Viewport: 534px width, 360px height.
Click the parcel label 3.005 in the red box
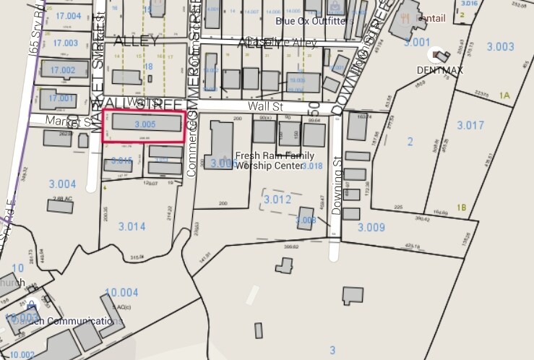point(145,124)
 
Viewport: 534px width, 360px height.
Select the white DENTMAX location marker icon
point(439,54)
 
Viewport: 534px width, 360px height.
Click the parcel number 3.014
point(132,226)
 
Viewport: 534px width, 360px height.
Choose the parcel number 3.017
point(470,125)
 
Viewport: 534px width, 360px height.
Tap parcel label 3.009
point(371,228)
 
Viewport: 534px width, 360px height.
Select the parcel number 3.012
point(277,198)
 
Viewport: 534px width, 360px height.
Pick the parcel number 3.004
point(61,184)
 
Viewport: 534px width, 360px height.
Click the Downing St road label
point(336,193)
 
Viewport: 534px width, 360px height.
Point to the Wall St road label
point(263,106)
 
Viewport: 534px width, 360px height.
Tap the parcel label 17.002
point(64,70)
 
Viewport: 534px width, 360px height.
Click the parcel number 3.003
point(500,46)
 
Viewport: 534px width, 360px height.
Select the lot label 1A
point(504,95)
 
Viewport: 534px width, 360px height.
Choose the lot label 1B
point(462,207)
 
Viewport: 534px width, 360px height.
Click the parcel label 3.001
point(417,43)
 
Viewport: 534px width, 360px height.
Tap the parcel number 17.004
point(68,16)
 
